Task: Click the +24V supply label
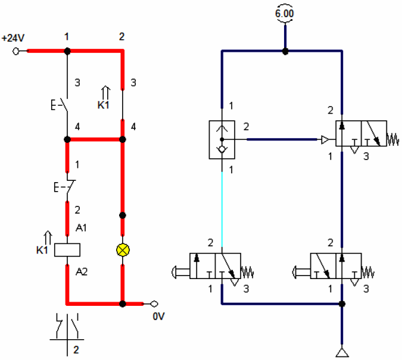(x=13, y=37)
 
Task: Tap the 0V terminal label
(x=158, y=317)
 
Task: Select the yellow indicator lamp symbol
(x=122, y=250)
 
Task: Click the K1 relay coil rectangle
(x=67, y=250)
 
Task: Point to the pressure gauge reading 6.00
(x=285, y=12)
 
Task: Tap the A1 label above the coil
(x=81, y=227)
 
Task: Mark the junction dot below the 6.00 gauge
(x=285, y=51)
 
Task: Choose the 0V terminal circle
(x=154, y=303)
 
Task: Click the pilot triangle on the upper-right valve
(x=325, y=140)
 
